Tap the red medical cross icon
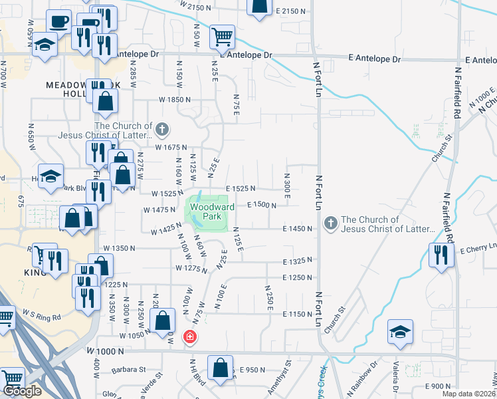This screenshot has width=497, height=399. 190,337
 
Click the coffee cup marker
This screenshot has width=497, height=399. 59,21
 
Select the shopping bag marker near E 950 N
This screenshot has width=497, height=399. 220,367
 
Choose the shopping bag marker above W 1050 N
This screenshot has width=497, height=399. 163,322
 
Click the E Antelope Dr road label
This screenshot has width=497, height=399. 375,59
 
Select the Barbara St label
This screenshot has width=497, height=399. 129,370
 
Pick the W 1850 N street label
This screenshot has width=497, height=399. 174,99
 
